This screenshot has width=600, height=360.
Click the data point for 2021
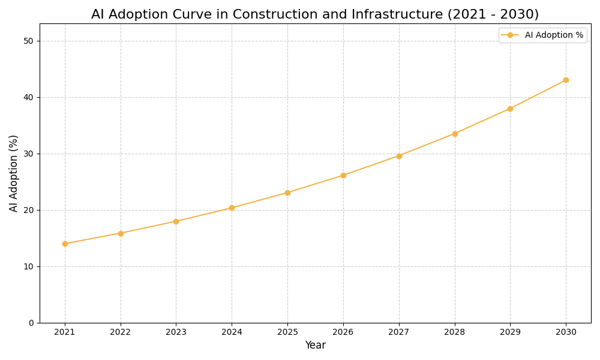(65, 244)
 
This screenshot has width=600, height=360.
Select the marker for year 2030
(566, 80)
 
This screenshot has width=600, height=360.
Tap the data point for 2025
(287, 193)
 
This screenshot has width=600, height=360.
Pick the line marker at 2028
(455, 134)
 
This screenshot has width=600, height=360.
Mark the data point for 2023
(176, 221)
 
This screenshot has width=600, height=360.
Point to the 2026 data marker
(343, 175)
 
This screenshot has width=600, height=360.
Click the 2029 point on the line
(510, 109)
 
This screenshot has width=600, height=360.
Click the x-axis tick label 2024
(232, 332)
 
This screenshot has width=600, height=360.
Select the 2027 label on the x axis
(399, 332)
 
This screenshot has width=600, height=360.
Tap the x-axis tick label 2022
(121, 332)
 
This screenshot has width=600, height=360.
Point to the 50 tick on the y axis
(28, 41)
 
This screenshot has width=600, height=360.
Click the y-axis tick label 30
(28, 154)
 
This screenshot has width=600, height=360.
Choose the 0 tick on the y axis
(31, 323)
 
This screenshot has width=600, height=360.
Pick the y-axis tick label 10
(28, 266)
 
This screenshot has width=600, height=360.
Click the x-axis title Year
(315, 346)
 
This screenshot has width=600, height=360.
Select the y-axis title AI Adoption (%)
(14, 173)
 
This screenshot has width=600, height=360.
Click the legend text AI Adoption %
(554, 35)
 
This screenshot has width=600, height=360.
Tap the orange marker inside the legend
(511, 35)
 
